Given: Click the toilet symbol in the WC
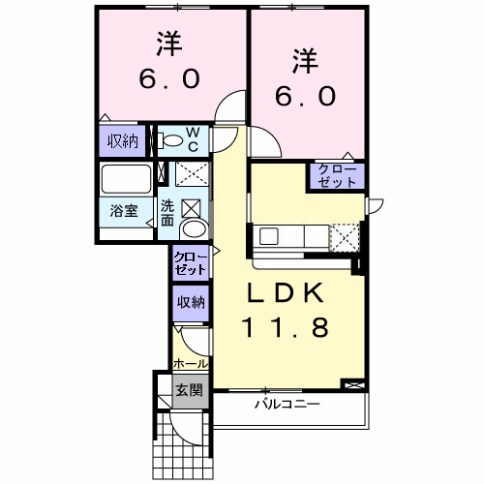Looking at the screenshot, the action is point(170,141).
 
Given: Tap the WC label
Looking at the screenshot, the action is point(193,139).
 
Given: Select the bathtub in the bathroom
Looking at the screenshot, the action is point(126,179).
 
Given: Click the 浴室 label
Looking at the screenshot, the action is point(124,211).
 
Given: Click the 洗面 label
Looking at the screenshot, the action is point(167,213).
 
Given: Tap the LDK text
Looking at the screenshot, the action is point(286,292).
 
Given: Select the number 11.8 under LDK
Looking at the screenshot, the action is point(286,327).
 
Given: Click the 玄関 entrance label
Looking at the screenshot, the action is point(189,390).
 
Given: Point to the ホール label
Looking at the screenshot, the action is point(191,364).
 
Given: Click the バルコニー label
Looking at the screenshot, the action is point(287,404).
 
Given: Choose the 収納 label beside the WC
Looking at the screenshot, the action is point(123,141).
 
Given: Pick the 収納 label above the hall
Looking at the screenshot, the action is point(191,302).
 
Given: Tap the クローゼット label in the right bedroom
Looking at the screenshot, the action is point(337,176).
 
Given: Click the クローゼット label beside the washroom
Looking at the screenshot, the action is point(190,263).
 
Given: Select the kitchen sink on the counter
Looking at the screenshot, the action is point(269,236).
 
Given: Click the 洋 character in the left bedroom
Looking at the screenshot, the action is point(169,44).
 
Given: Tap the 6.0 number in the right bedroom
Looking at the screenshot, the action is point(305,96).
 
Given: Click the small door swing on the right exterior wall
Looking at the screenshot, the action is point(376,206).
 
